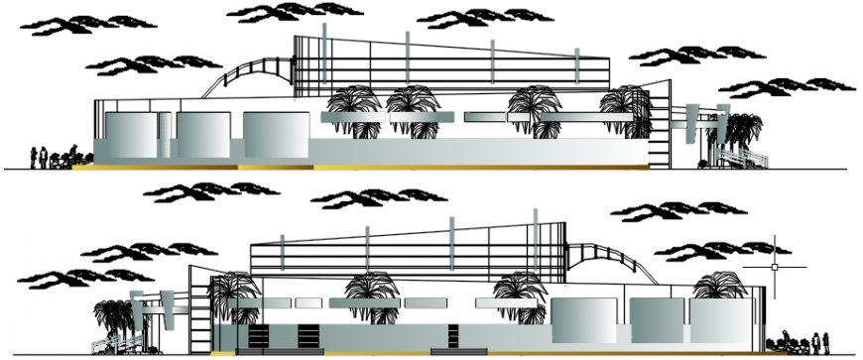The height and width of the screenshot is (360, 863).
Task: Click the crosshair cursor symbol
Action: (775, 266)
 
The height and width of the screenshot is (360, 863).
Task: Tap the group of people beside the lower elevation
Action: (803, 342)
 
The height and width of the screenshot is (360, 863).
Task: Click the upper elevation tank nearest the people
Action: (130, 135)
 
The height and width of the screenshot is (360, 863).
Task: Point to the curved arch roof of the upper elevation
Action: (248, 72)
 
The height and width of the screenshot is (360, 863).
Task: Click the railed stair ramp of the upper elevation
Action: (743, 155)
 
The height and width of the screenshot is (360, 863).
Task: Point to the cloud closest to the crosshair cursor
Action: (708, 249)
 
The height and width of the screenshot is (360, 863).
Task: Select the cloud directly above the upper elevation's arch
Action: (268, 13)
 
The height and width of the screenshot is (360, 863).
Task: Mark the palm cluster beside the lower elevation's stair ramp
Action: (113, 314)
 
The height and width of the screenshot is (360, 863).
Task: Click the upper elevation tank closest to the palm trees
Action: (274, 135)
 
